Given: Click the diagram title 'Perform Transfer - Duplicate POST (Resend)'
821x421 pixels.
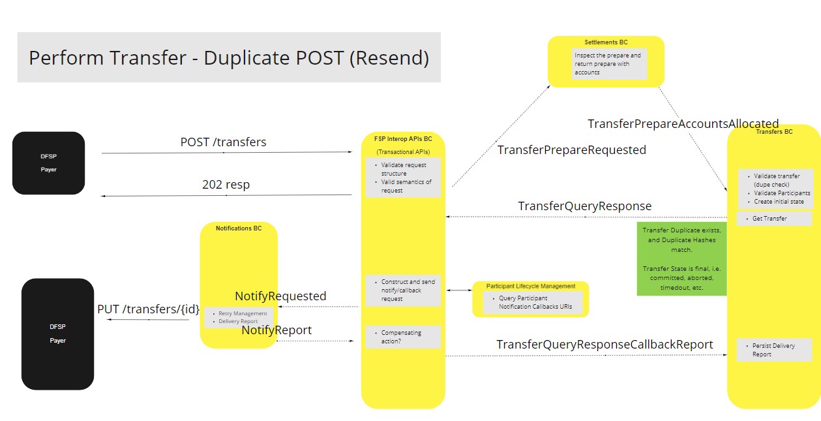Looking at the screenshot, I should point(229,57).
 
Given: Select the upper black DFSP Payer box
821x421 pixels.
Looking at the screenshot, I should point(48,163).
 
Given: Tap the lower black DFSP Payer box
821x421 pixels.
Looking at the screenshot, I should point(58,334).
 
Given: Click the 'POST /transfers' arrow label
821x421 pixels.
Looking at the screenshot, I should point(223,142).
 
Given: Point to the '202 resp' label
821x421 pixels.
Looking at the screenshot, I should point(226,185).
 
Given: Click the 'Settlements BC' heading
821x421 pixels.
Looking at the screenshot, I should point(606,42).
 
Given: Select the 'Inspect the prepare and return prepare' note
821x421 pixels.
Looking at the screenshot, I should point(609,64).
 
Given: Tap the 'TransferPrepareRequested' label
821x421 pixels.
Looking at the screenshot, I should point(571,150).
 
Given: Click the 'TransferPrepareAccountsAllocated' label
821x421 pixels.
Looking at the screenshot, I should point(683,123).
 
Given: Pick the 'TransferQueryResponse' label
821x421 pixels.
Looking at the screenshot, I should point(584,206).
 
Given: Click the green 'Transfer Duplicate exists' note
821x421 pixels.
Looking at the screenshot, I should point(681,258).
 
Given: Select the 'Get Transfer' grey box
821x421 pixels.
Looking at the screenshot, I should point(774,219).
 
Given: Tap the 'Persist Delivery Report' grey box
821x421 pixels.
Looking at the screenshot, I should point(774,350).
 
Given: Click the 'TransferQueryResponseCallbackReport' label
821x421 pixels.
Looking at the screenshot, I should point(605,344).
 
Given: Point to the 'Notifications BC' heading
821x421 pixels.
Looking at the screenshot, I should point(239,228).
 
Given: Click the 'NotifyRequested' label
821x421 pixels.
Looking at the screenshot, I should point(280,296).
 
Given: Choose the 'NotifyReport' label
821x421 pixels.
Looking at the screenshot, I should point(276,330).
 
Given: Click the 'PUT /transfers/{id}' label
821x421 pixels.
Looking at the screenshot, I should point(149,309).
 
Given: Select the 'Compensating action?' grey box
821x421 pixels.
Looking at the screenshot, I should point(402,337).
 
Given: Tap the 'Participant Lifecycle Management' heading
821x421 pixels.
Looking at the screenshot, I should point(530,286).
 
